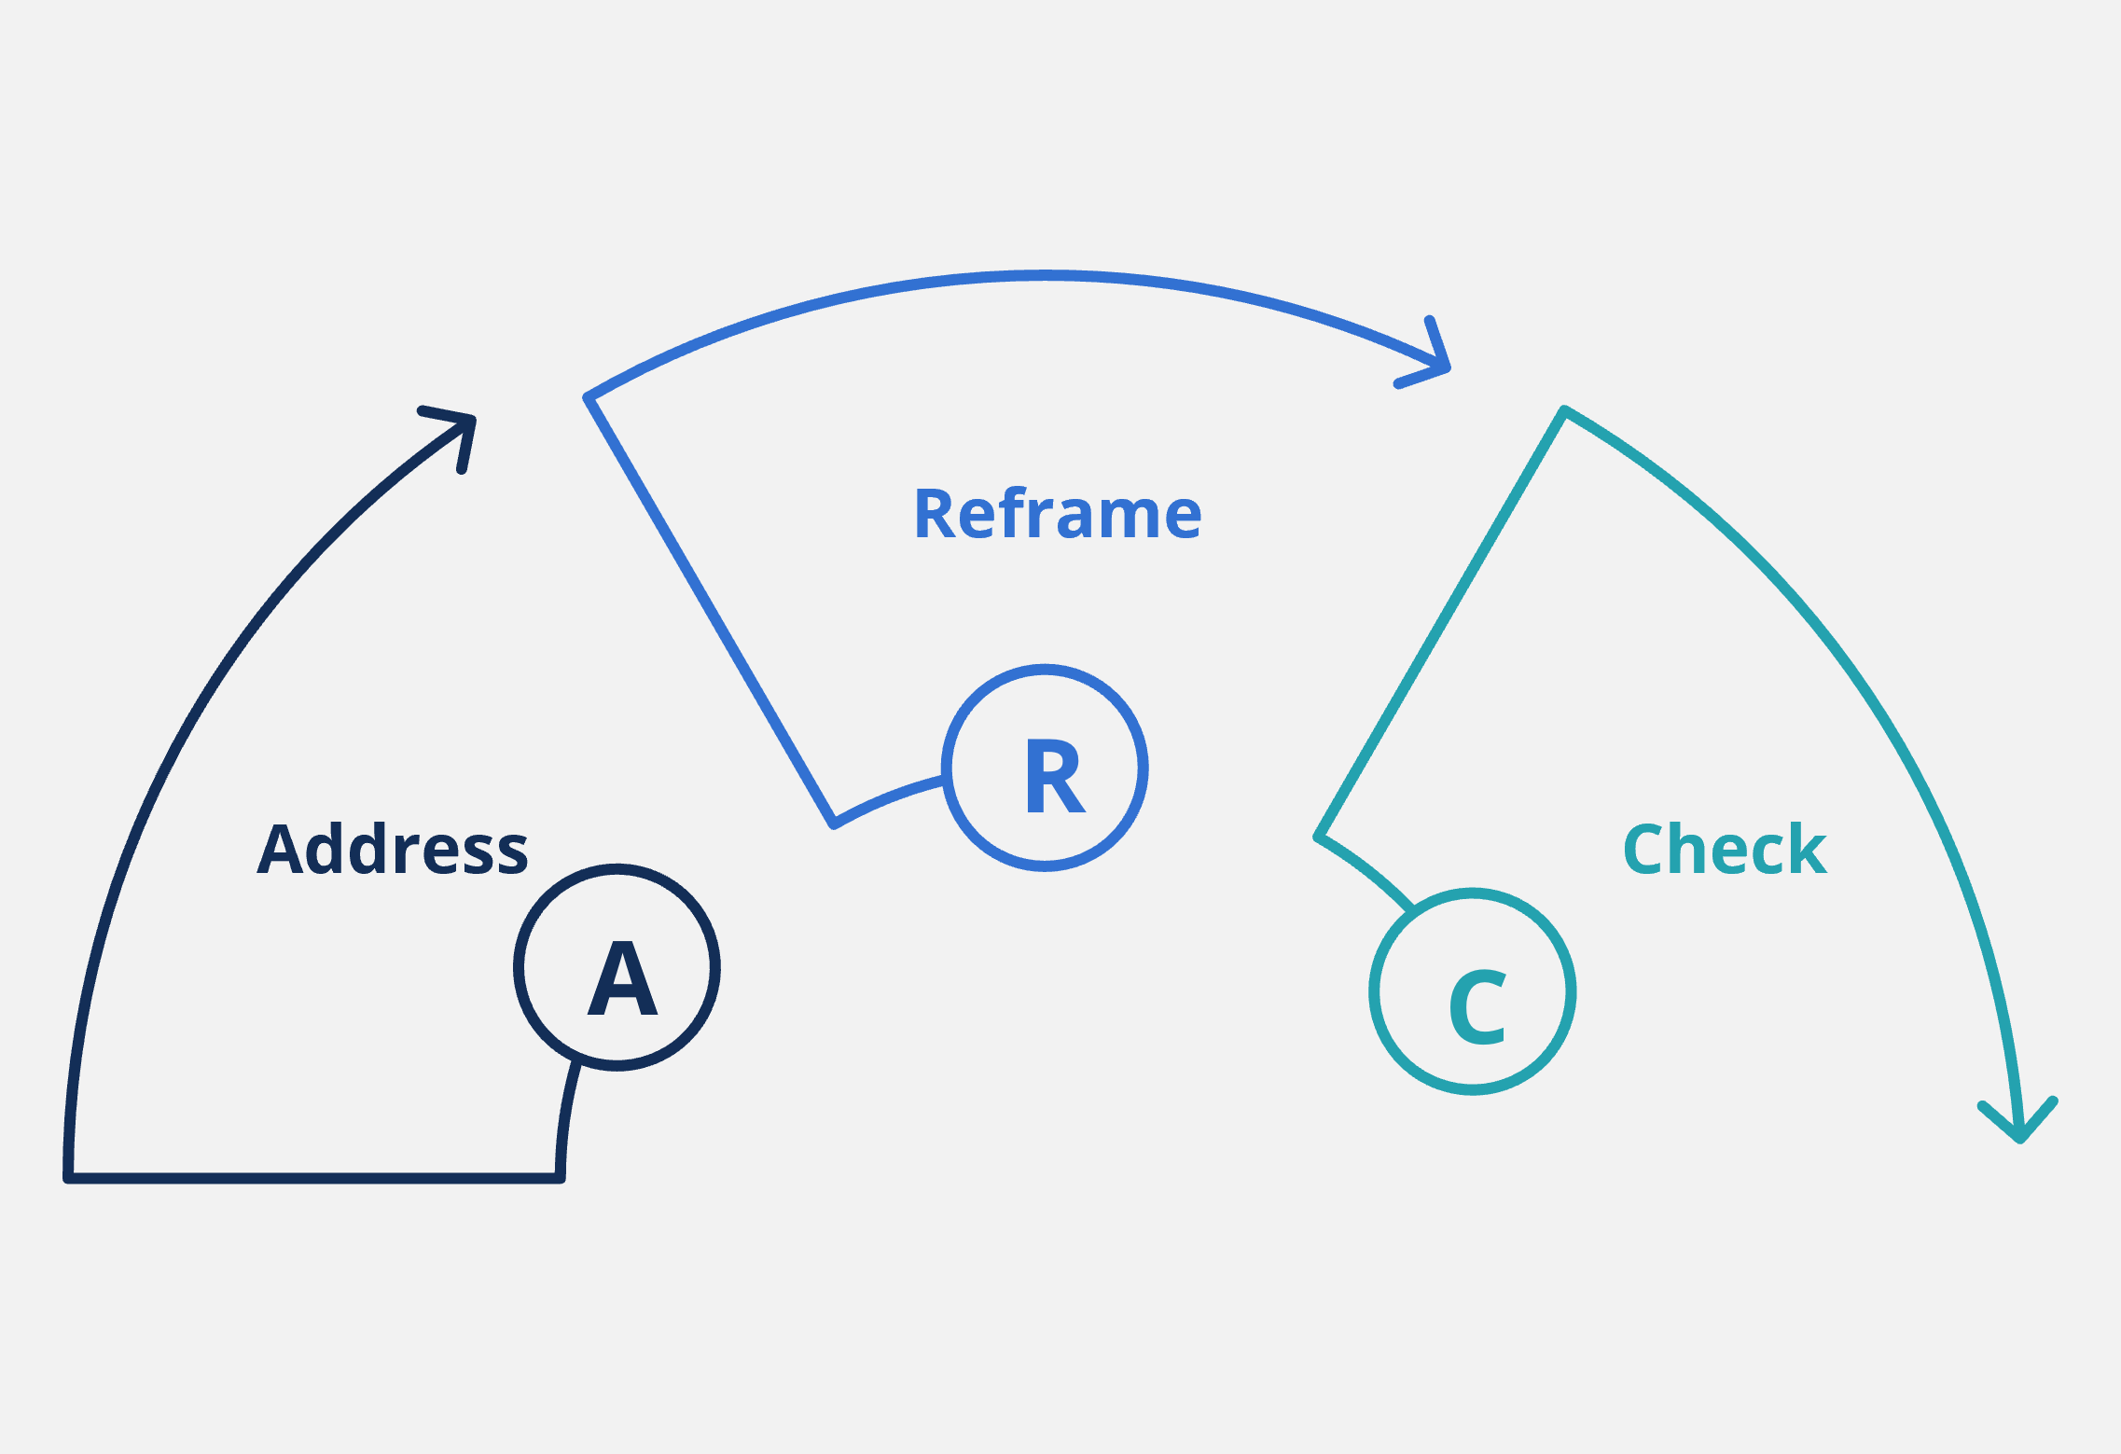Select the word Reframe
[1057, 513]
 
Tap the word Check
[1725, 849]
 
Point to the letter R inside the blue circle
[1054, 776]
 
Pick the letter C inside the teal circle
[1477, 1006]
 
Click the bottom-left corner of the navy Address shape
[69, 1179]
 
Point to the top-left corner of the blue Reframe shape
[588, 398]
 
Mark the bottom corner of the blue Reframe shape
[833, 824]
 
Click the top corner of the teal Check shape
[1564, 410]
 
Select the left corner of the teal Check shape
[1318, 838]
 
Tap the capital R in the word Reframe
[935, 513]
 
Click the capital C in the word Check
[1643, 849]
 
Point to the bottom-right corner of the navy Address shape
[561, 1179]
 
